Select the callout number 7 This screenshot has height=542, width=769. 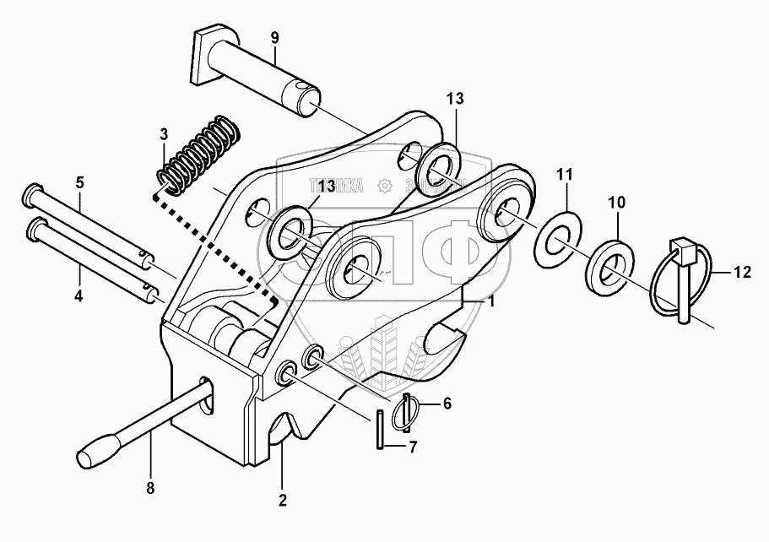(x=411, y=447)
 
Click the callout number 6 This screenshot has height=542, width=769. (x=447, y=404)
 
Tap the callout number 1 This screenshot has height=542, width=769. (x=490, y=301)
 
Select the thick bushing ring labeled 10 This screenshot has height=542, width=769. (x=609, y=264)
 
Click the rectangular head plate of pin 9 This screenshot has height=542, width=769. (x=206, y=58)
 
